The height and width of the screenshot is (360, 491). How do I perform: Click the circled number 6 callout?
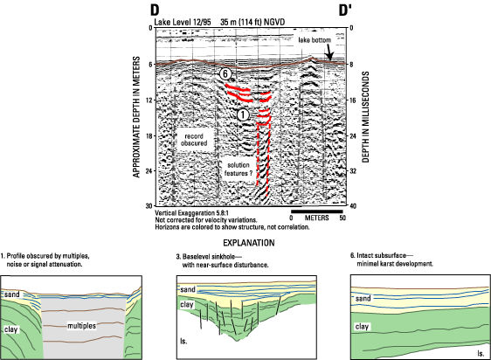[x=225, y=74]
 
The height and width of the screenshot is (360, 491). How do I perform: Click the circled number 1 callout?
[x=243, y=115]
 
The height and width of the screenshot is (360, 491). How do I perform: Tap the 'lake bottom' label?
[x=315, y=40]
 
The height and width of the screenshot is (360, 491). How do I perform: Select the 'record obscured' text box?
[x=194, y=140]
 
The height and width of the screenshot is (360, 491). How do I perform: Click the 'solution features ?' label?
[x=239, y=170]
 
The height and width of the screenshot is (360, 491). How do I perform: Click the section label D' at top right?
[x=345, y=10]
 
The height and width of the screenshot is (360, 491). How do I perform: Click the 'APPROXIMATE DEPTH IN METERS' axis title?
[x=136, y=117]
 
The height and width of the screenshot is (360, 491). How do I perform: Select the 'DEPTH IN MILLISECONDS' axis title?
[x=365, y=117]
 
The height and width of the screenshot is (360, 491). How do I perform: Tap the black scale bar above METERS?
[x=317, y=211]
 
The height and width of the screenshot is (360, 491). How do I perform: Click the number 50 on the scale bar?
[x=342, y=218]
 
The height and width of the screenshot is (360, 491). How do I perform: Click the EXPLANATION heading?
[x=249, y=243]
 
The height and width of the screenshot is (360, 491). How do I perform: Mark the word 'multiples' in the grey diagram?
[x=82, y=326]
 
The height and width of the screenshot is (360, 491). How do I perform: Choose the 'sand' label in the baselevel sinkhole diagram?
[x=188, y=289]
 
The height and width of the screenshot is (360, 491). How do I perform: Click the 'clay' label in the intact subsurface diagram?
[x=362, y=327]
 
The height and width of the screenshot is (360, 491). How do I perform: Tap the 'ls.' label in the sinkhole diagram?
[x=184, y=341]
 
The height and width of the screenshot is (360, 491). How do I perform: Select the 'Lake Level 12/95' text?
[x=183, y=22]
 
